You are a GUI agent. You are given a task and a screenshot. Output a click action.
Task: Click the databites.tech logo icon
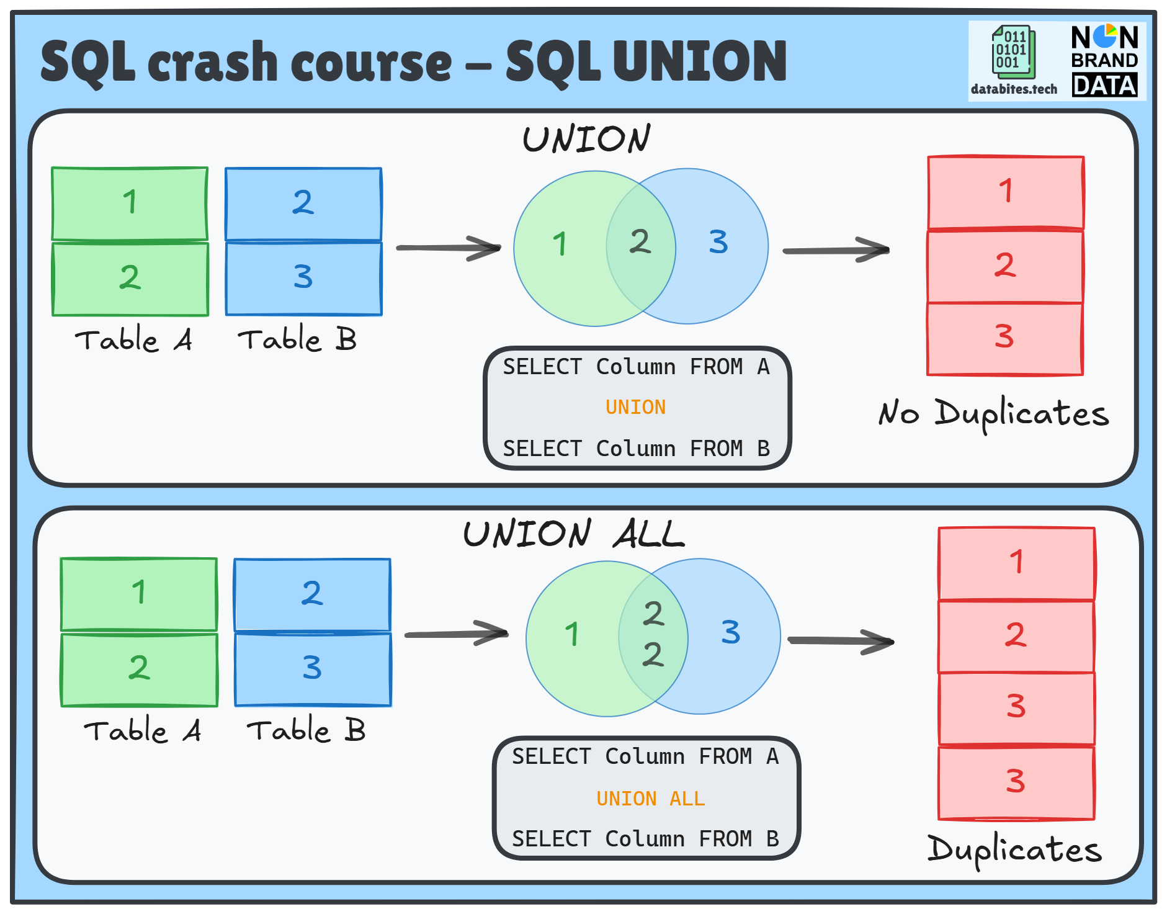(1013, 53)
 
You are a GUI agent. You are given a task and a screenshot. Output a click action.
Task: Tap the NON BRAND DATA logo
(1104, 61)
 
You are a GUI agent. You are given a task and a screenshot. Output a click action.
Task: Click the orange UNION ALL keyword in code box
(650, 798)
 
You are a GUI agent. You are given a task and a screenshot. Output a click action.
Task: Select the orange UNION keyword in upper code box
(635, 407)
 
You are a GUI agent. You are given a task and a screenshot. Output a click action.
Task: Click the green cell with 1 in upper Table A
(130, 203)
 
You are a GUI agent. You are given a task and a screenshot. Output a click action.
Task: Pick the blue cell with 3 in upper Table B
(303, 278)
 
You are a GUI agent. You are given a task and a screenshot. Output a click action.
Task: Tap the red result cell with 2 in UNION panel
(1005, 266)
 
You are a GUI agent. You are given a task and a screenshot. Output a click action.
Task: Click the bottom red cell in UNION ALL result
(1016, 782)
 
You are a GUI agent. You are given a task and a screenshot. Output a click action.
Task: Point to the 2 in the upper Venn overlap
(640, 241)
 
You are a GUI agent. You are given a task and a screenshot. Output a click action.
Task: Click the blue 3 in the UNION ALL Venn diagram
(730, 632)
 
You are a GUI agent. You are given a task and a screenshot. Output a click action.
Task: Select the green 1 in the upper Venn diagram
(560, 244)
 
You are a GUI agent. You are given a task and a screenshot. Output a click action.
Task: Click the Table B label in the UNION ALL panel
(306, 730)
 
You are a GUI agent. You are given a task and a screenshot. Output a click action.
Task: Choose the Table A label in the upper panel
(133, 340)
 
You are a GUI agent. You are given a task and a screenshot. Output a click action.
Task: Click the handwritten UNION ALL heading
(574, 534)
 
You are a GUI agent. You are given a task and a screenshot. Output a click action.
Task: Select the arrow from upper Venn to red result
(836, 250)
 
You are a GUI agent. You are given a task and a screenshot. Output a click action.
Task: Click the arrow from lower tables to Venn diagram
(456, 634)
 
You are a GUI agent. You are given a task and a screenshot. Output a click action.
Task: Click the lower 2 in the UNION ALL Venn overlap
(653, 655)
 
